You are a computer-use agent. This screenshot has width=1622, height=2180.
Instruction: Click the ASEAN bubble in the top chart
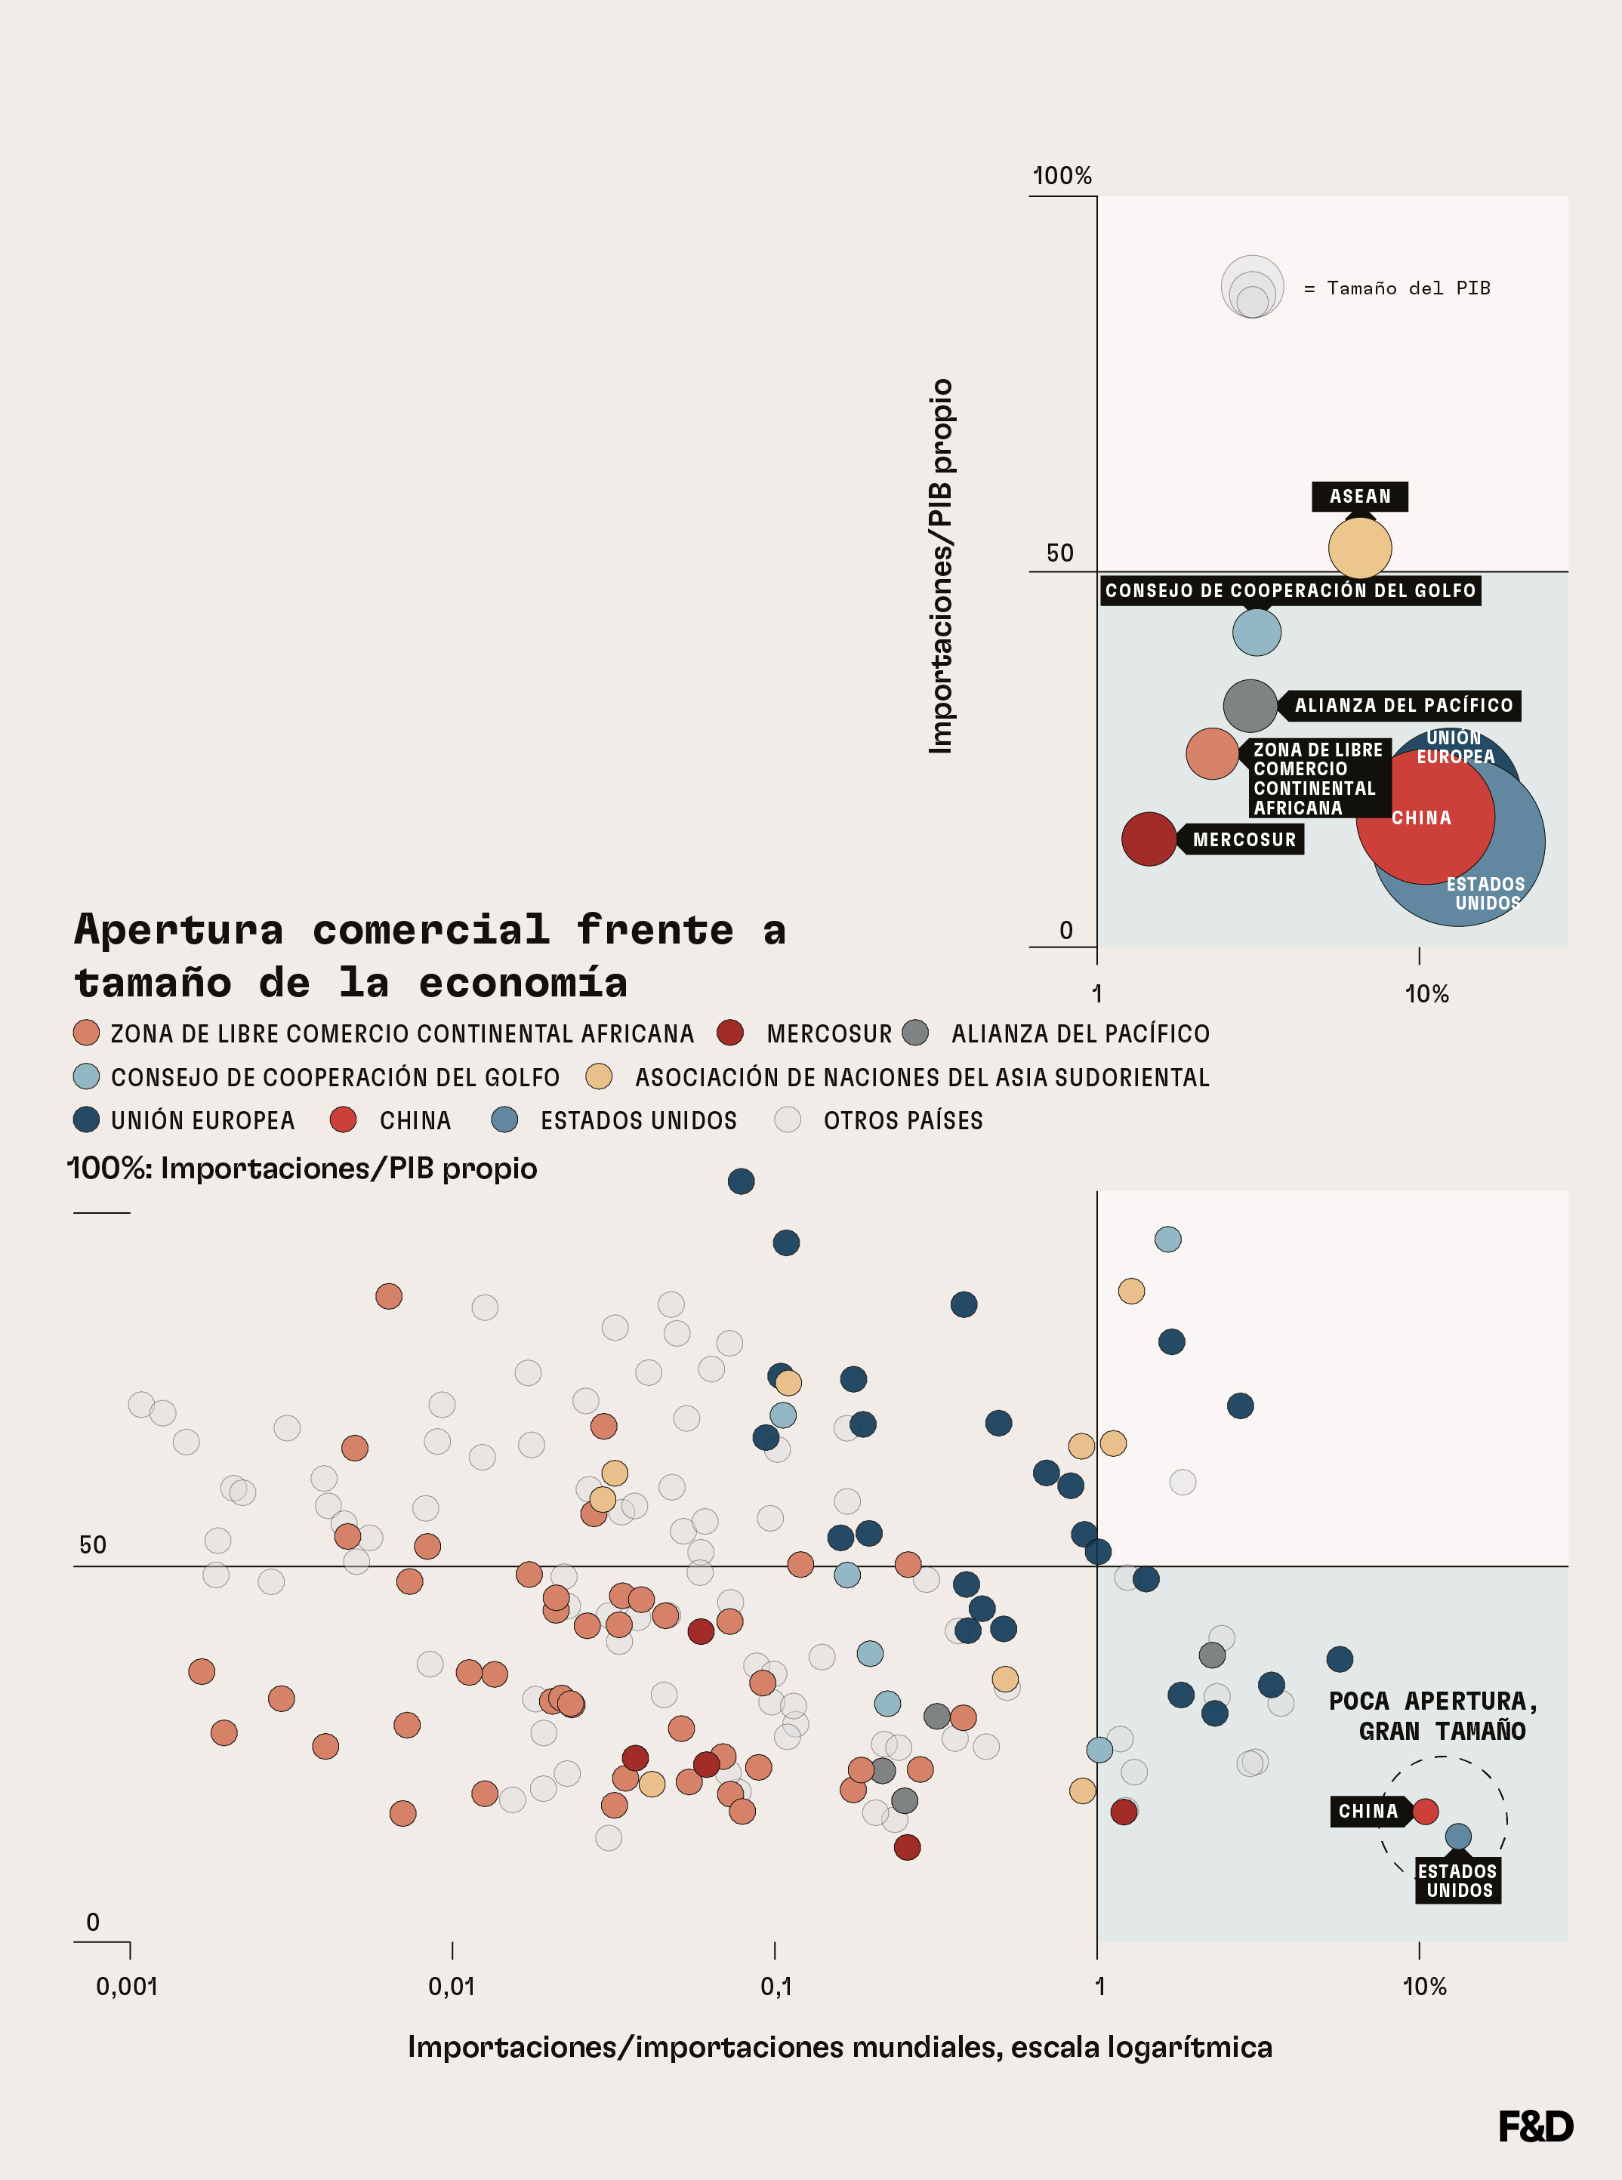tap(1360, 548)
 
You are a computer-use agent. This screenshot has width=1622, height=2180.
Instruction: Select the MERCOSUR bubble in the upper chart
tap(1149, 839)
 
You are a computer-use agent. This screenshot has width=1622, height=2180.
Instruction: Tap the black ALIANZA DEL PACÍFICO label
tap(1403, 705)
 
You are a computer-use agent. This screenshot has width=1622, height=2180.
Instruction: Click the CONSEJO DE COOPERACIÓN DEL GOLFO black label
tap(1291, 590)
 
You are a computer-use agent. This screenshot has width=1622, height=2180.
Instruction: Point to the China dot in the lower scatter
tap(1425, 1811)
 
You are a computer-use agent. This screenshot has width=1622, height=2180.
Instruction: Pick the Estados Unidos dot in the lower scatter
tap(1458, 1837)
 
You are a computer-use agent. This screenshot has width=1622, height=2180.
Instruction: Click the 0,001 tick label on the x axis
tap(127, 1987)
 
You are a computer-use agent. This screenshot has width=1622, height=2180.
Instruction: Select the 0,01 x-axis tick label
tap(452, 1987)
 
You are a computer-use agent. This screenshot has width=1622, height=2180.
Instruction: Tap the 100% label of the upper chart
tap(1062, 176)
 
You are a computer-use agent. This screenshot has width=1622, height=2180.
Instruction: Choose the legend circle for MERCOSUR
tap(729, 1033)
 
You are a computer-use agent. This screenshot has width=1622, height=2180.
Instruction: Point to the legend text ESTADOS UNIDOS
tap(638, 1120)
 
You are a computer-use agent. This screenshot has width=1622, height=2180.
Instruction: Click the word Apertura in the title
tap(179, 928)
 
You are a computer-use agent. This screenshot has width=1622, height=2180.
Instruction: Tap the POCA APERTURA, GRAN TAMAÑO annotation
tap(1433, 1716)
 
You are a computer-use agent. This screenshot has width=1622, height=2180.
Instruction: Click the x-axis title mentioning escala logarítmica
tap(840, 2047)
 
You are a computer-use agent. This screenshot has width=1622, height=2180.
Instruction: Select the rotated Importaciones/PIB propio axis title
tap(941, 566)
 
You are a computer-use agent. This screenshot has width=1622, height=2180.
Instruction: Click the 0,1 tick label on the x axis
tap(776, 1987)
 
